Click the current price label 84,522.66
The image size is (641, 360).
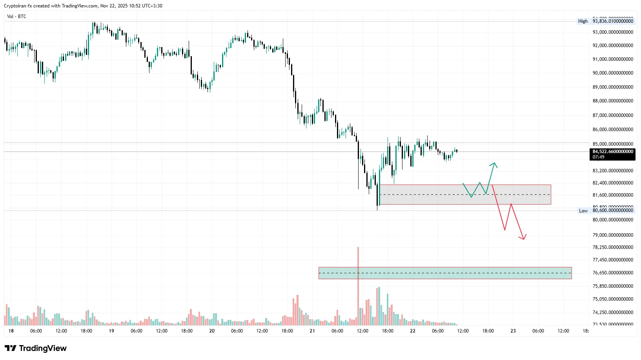coord(613,152)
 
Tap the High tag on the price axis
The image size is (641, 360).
coord(583,21)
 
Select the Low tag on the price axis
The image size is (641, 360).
coord(583,211)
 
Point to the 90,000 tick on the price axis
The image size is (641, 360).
coord(613,73)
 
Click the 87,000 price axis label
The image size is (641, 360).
coord(613,115)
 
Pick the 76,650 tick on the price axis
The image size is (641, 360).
coord(613,273)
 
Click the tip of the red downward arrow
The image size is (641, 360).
coord(524,239)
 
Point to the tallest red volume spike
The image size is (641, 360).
coord(358,275)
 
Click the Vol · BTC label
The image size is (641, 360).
coord(16,16)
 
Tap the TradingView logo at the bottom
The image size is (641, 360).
coord(36,348)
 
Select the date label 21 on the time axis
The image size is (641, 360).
coord(312,331)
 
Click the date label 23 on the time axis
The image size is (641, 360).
coord(513,331)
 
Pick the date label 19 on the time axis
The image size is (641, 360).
coord(111,331)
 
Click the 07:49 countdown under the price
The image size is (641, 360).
coord(599,157)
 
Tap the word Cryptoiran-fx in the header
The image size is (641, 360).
coord(18,6)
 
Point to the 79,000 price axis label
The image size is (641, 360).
coord(613,235)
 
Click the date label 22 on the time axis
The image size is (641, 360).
coord(413,331)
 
